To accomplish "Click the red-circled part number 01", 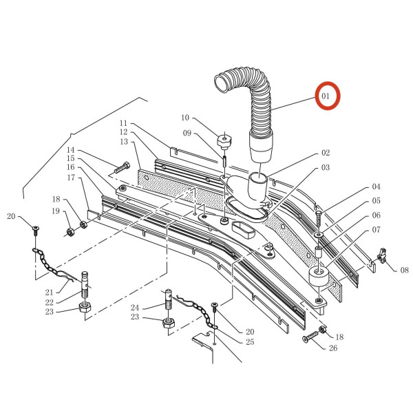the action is click(326, 96).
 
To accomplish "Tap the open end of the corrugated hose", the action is click(221, 83).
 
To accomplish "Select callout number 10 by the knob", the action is click(185, 118).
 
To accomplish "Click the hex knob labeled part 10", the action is click(224, 141).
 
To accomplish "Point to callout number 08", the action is click(404, 270).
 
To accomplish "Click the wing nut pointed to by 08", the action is click(382, 255).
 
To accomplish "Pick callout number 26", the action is click(333, 348).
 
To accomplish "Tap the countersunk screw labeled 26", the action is click(311, 336).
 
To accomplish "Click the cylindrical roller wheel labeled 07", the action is click(319, 276).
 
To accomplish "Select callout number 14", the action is click(71, 150).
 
